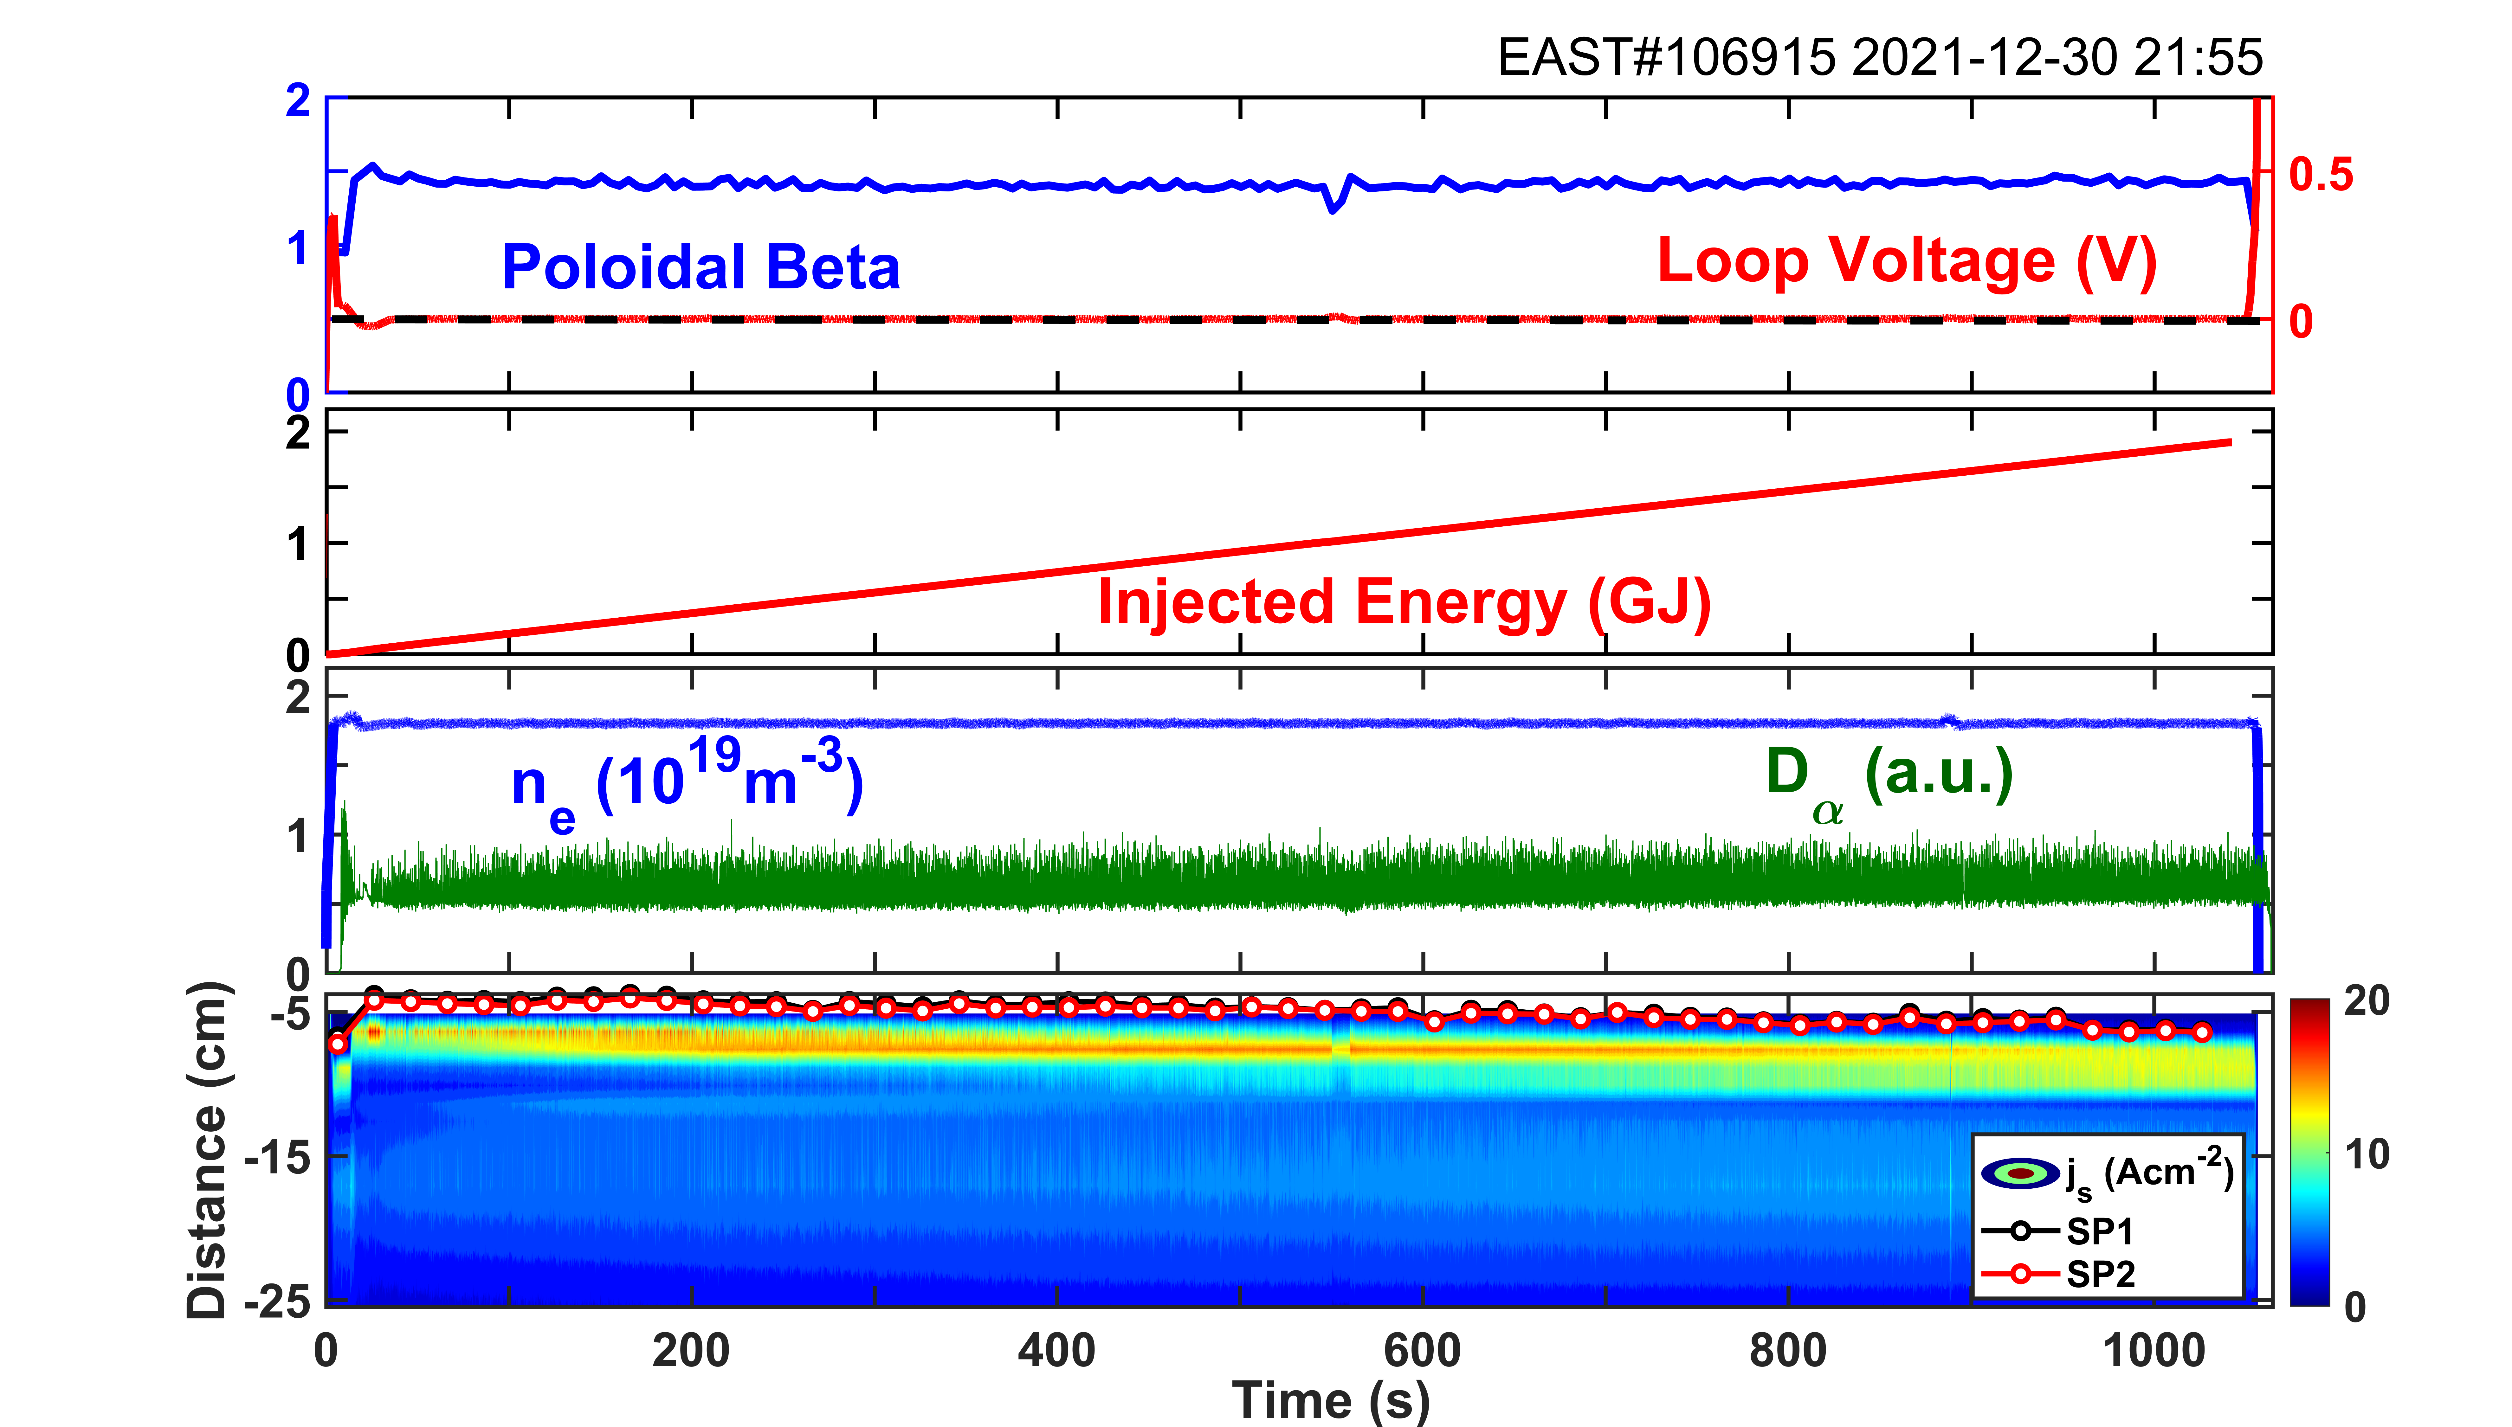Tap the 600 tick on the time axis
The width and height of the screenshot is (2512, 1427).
pos(1422,1351)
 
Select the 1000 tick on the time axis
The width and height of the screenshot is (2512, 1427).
pos(2154,1351)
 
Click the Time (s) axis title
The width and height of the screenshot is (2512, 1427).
pos(1330,1399)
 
